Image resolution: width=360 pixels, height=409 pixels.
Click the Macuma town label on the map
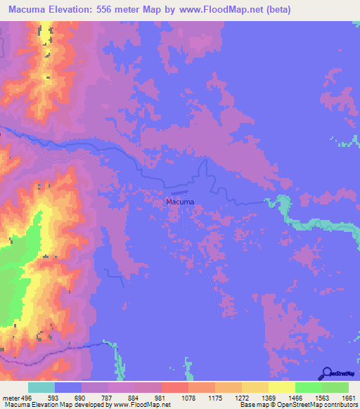[x=179, y=202]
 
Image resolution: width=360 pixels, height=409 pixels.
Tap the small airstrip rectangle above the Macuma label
[x=179, y=192]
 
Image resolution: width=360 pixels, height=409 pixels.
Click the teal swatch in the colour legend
[x=41, y=387]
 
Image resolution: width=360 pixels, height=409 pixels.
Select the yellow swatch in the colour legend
[x=281, y=387]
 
